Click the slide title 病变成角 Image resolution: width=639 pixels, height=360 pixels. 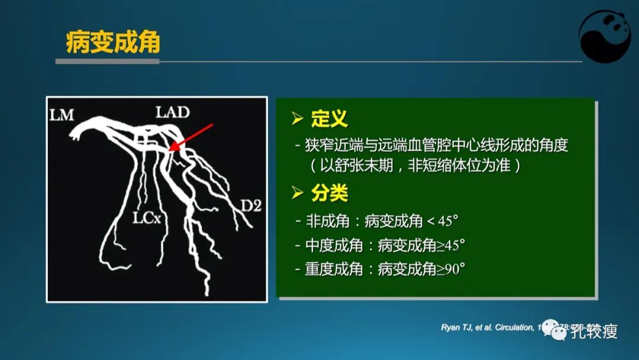click(x=112, y=44)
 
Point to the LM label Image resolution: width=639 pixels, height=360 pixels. click(x=62, y=115)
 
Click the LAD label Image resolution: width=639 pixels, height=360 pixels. click(x=173, y=111)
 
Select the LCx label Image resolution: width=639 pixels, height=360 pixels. click(x=146, y=218)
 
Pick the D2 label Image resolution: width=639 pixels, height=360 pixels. click(x=250, y=206)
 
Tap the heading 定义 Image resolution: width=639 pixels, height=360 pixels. click(x=330, y=119)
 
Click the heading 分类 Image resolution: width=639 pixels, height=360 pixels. click(x=330, y=193)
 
